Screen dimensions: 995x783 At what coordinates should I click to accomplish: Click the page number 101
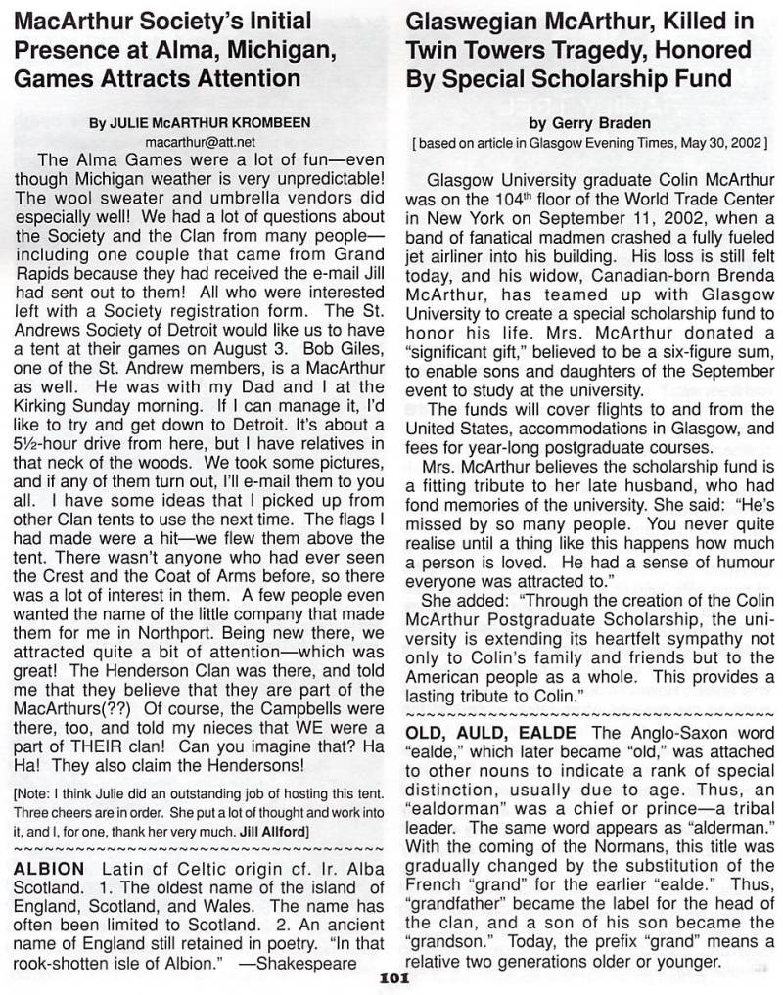pyautogui.click(x=391, y=985)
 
